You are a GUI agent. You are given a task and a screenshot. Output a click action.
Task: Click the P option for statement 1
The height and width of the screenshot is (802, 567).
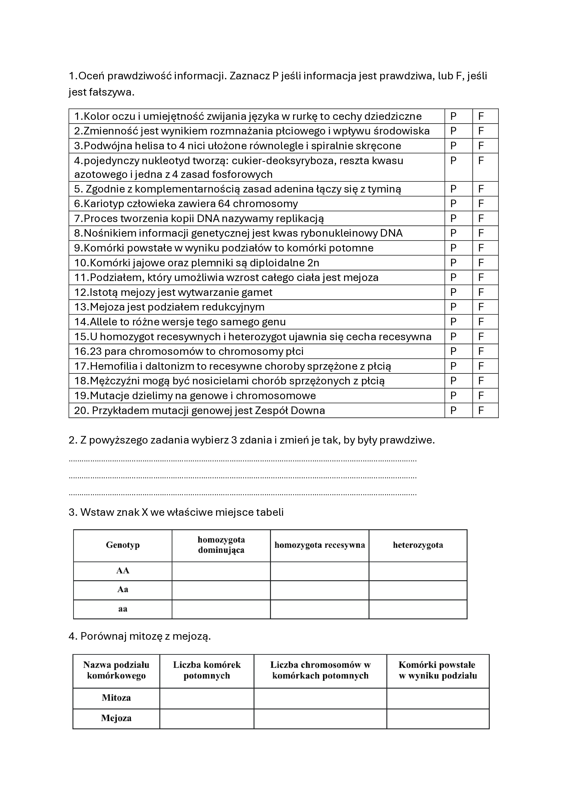453,116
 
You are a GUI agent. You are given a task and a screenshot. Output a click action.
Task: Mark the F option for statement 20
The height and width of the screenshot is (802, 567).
481,410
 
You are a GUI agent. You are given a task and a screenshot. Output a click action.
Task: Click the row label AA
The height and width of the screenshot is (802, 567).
123,571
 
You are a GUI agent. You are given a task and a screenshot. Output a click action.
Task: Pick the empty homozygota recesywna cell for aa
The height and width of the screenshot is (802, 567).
319,609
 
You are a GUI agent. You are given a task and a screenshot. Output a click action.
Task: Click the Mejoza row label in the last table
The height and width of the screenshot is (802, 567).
116,718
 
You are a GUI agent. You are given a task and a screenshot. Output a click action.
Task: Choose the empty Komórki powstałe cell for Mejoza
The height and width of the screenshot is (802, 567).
438,718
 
